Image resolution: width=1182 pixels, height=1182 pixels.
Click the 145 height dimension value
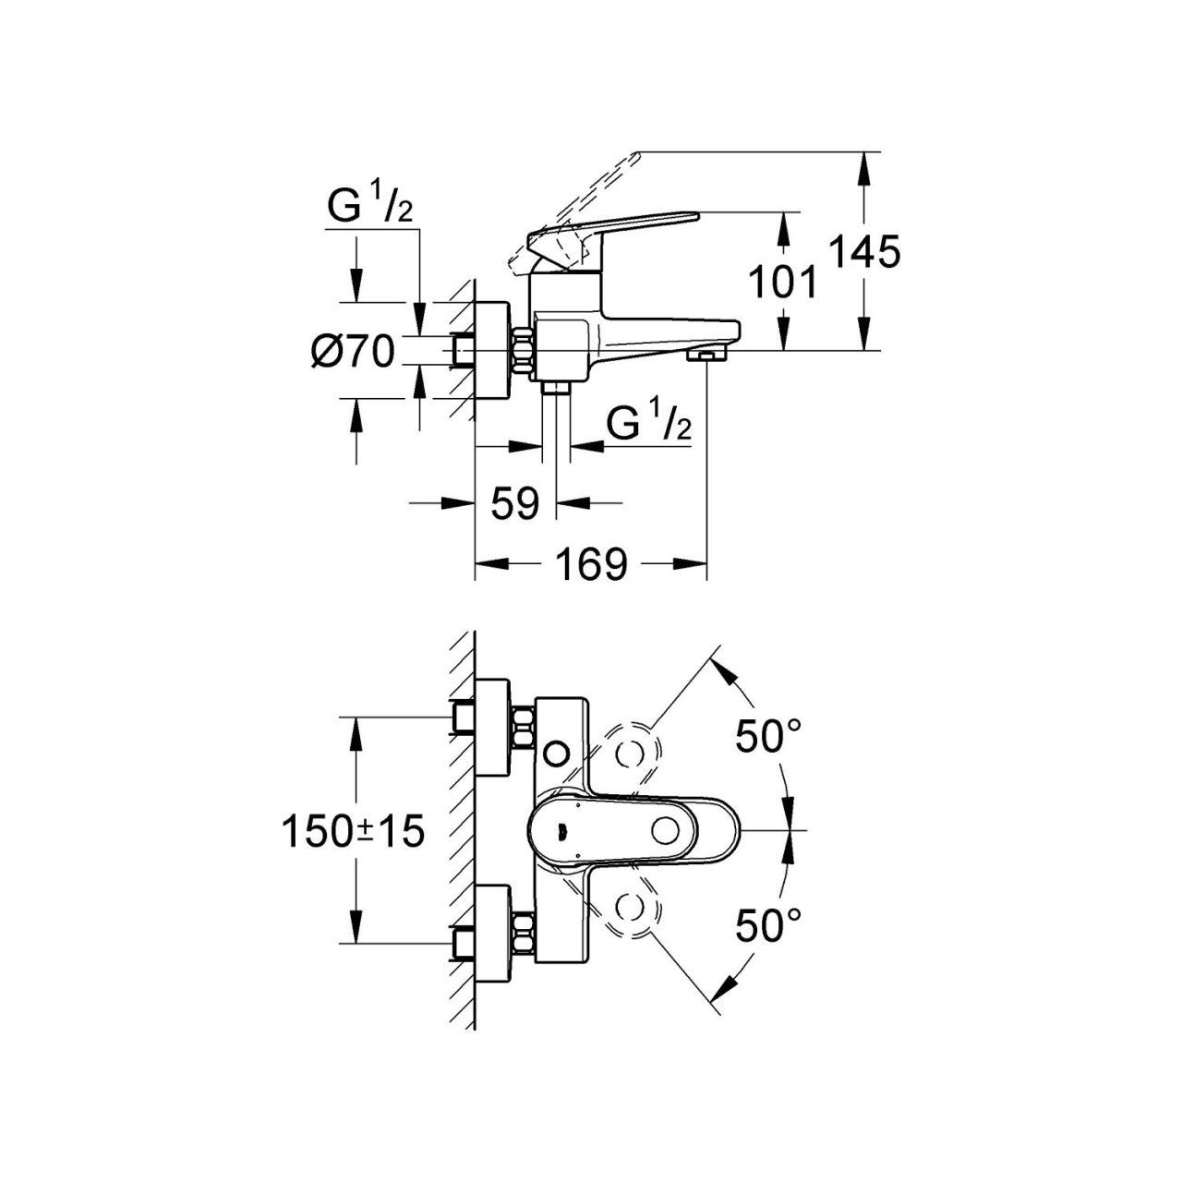click(x=863, y=252)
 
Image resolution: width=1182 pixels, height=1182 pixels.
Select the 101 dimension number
click(x=782, y=283)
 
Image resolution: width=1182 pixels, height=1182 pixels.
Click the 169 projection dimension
click(x=591, y=564)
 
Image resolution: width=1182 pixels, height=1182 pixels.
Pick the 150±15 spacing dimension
click(x=353, y=831)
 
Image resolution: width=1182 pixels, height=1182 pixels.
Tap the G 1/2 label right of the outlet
click(x=649, y=426)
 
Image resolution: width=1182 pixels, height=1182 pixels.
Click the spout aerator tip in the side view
click(x=707, y=356)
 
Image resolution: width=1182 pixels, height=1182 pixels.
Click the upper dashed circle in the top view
click(x=633, y=753)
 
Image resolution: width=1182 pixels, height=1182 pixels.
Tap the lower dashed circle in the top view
click(x=633, y=910)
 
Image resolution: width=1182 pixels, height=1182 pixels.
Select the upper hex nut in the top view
click(x=524, y=724)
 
